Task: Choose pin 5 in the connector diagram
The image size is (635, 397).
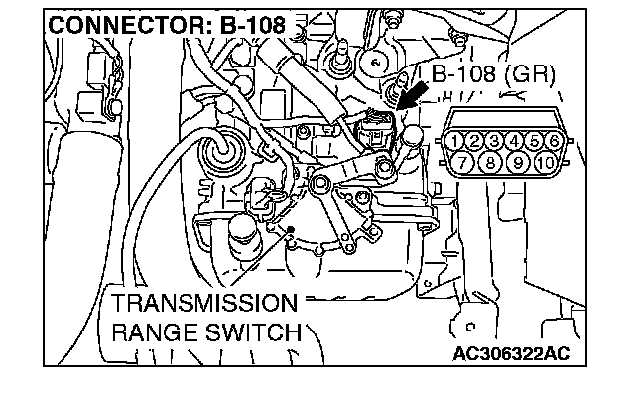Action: coord(535,140)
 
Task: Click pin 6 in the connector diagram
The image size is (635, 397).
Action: coord(552,140)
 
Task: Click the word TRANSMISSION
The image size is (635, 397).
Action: coord(203,302)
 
